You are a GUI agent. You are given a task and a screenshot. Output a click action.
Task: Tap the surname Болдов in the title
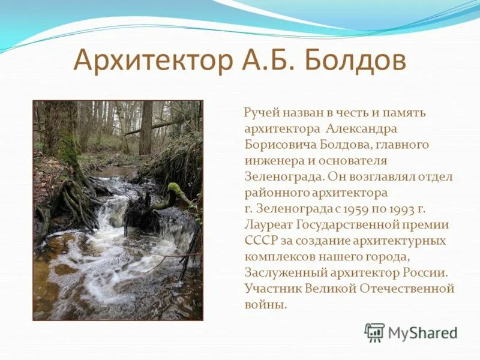356,61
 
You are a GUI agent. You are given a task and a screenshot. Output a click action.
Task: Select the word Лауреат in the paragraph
268,225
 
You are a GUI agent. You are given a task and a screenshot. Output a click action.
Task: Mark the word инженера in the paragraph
272,161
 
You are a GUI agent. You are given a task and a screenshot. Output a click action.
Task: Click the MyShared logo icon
374,332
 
